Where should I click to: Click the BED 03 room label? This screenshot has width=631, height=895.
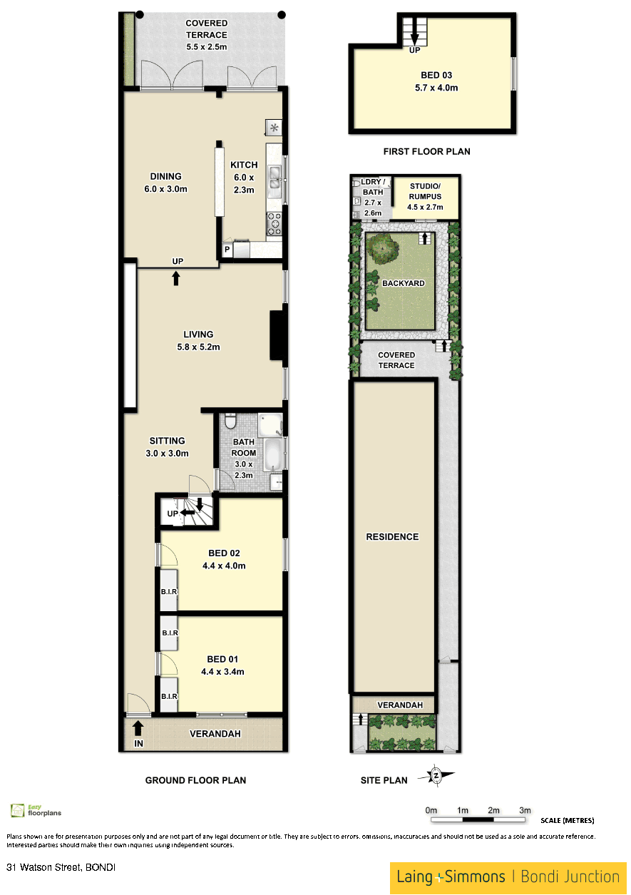point(436,81)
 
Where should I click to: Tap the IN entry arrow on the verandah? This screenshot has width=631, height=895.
point(138,727)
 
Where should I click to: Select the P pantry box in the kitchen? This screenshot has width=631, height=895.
point(227,250)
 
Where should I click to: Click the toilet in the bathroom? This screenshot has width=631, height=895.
point(230,421)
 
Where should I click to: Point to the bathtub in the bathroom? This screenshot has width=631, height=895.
point(273,454)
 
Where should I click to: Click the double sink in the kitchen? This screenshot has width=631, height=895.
point(275,178)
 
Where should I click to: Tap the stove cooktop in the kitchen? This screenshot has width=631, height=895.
point(275,224)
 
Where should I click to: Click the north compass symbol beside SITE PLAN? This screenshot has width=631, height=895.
point(436,775)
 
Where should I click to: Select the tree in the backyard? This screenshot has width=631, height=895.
point(382,248)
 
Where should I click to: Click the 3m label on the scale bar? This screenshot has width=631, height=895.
point(525,810)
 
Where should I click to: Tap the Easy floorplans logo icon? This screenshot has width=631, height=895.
point(17,810)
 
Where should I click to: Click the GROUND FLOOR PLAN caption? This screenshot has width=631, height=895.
point(195,780)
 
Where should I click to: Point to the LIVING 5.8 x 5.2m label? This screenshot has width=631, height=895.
point(198,340)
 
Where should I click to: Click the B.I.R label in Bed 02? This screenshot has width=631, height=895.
point(169,591)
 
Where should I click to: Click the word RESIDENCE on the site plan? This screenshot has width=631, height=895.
point(392,536)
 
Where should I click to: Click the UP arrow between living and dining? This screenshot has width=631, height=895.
point(175,278)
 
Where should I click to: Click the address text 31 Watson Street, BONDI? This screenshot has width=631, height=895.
point(61,867)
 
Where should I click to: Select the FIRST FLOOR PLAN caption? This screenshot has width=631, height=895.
point(426,151)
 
